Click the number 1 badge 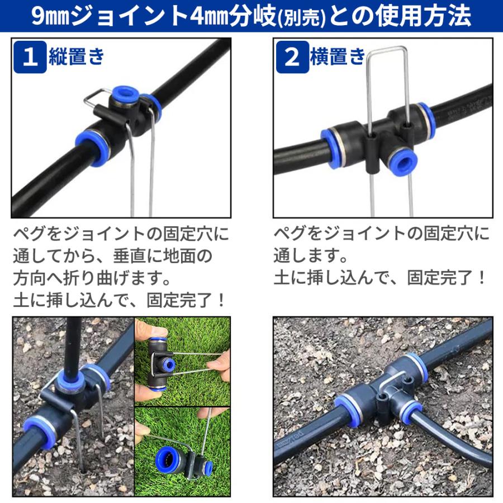point(30,58)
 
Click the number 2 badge point(292,58)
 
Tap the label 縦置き point(77,57)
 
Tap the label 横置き point(338,57)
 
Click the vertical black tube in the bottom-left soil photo point(73,341)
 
